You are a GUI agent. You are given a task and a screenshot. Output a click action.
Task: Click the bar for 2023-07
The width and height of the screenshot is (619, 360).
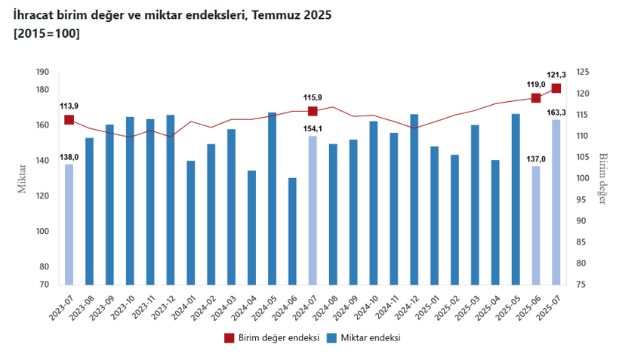pyautogui.click(x=69, y=224)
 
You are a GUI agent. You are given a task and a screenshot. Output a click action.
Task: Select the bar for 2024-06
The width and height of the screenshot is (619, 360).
pyautogui.click(x=292, y=231)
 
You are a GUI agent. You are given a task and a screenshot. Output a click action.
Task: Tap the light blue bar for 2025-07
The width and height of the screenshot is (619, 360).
pyautogui.click(x=556, y=202)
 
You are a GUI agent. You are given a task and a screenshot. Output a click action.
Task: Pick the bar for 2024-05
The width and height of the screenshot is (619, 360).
pyautogui.click(x=272, y=198)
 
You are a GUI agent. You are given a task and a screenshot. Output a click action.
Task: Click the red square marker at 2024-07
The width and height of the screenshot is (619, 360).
pyautogui.click(x=313, y=112)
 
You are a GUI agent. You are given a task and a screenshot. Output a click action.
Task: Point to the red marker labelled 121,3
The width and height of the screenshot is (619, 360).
pyautogui.click(x=556, y=88)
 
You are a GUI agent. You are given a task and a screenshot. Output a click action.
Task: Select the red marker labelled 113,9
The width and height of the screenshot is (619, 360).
pyautogui.click(x=69, y=120)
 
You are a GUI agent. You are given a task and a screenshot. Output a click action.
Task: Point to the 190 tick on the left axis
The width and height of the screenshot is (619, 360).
pyautogui.click(x=42, y=72)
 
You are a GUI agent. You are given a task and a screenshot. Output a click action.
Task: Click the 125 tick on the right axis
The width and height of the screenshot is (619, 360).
pyautogui.click(x=583, y=72)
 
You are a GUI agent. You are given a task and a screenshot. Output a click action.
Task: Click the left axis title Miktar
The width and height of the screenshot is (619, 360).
pyautogui.click(x=23, y=179)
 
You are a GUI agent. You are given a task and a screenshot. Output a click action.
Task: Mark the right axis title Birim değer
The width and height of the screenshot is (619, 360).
pyautogui.click(x=603, y=179)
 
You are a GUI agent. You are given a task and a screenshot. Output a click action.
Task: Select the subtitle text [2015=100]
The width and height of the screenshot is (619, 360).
pyautogui.click(x=47, y=33)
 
